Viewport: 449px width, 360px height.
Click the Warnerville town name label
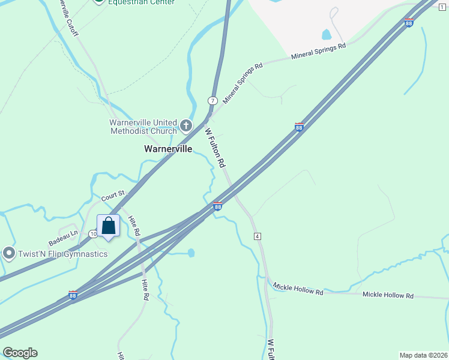click(168, 149)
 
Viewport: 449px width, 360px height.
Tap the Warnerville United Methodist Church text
click(143, 127)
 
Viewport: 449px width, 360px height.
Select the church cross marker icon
click(186, 126)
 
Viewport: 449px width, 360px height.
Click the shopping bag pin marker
click(108, 227)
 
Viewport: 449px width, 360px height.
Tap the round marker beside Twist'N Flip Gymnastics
click(9, 253)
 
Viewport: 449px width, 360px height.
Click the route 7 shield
click(212, 100)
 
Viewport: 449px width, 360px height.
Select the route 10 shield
click(92, 233)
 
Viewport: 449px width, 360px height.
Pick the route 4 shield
click(258, 236)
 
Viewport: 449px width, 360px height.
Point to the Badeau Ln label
click(64, 235)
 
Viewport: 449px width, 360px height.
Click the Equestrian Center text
click(142, 2)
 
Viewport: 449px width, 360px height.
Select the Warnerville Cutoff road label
click(68, 17)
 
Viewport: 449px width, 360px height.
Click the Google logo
click(20, 353)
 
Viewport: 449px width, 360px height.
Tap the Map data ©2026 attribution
click(423, 355)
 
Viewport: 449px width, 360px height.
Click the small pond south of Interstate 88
click(191, 253)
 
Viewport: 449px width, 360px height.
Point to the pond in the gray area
click(327, 34)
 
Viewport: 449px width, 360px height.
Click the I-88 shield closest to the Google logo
click(73, 296)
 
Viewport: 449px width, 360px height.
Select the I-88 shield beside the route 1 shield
click(409, 23)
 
